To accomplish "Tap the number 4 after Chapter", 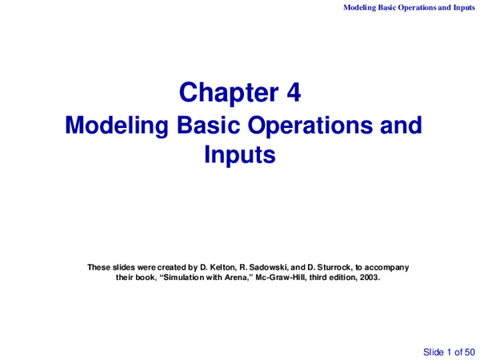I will click(x=293, y=94).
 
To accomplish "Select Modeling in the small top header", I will click(x=361, y=7).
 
